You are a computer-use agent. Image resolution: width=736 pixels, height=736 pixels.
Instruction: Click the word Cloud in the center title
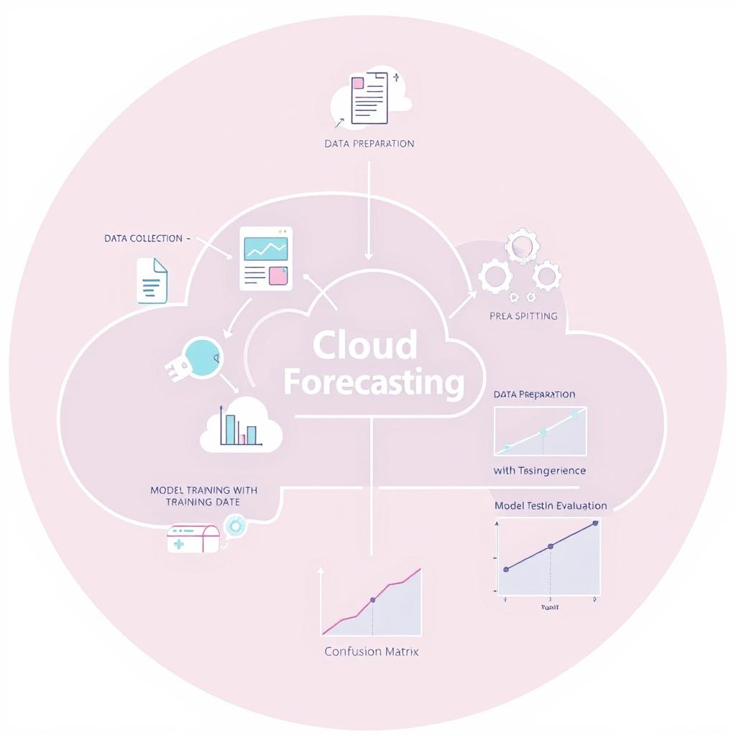coord(365,345)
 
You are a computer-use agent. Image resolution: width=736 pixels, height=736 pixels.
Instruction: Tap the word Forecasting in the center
coord(374,382)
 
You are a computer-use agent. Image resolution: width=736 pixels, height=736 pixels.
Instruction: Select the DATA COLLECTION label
coord(144,239)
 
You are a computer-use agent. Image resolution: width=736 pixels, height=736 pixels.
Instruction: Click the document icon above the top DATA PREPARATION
coord(369,98)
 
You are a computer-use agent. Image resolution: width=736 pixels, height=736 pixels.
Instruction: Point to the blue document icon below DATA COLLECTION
coord(152,281)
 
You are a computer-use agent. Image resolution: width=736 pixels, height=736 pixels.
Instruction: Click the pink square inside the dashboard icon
coord(277,276)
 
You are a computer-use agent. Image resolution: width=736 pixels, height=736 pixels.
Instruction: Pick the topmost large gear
coord(522,247)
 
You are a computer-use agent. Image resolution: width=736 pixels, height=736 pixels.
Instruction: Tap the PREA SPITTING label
coord(523,316)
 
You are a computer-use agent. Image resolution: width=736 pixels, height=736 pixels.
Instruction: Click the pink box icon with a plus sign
coord(193,538)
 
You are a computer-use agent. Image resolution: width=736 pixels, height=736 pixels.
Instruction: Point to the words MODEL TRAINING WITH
coord(203,489)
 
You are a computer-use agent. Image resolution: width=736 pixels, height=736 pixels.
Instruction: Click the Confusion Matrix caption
coord(371,651)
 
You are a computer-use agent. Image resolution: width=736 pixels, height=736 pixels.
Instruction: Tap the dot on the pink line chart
coord(372,599)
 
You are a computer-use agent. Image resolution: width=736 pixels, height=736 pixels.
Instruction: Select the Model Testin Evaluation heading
coord(551,505)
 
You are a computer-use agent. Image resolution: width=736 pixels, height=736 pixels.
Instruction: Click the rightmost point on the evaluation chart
coord(595,523)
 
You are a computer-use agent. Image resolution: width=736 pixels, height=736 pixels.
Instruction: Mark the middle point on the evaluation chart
coord(551,546)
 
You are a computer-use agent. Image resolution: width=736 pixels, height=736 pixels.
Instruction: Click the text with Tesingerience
coord(540,471)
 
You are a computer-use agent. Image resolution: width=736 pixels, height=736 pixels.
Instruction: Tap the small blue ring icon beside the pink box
coord(234,527)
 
